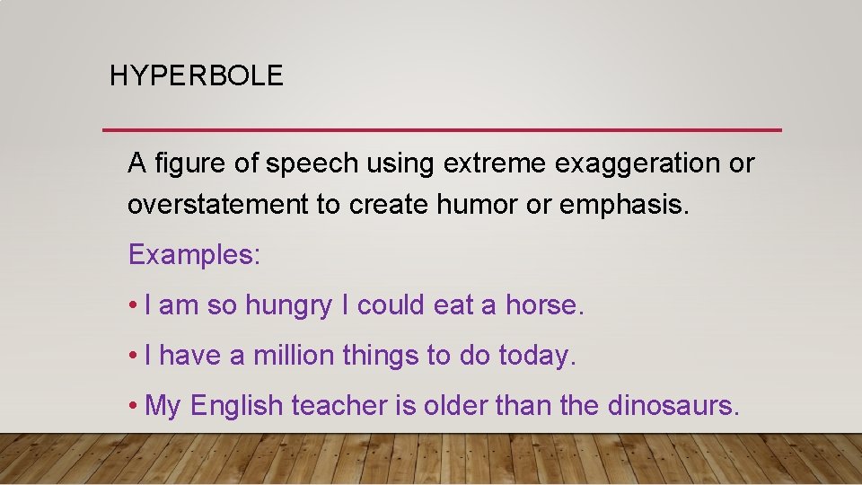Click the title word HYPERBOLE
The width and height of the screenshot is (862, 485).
pyautogui.click(x=196, y=75)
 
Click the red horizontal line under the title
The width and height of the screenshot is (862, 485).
pyautogui.click(x=442, y=130)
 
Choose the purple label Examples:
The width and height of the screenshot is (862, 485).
pyautogui.click(x=194, y=255)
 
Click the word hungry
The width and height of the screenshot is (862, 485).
pyautogui.click(x=287, y=306)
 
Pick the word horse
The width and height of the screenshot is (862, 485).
pyautogui.click(x=544, y=305)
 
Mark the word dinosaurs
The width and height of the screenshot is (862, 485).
pyautogui.click(x=673, y=406)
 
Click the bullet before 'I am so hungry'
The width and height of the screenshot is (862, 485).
pyautogui.click(x=132, y=306)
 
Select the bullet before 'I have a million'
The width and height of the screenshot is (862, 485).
pyautogui.click(x=132, y=357)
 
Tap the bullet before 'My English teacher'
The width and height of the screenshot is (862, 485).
pyautogui.click(x=132, y=407)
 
